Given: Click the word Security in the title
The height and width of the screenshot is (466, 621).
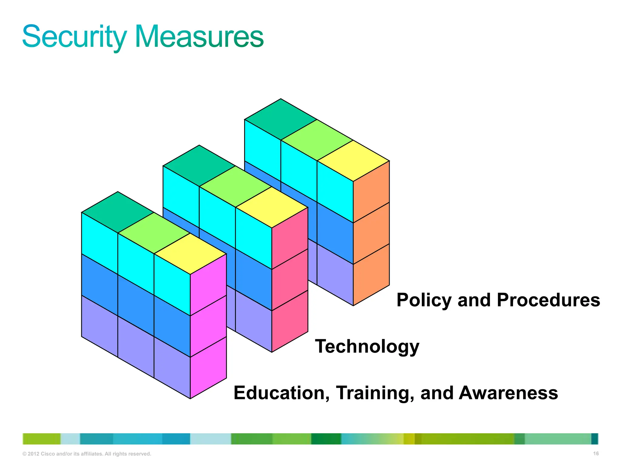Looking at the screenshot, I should click(74, 37).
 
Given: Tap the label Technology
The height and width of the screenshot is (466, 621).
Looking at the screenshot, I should click(367, 346).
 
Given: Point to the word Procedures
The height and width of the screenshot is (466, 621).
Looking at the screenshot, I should click(549, 300).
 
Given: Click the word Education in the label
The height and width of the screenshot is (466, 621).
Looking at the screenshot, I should click(282, 393).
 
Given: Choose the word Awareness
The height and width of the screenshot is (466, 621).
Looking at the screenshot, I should click(508, 393).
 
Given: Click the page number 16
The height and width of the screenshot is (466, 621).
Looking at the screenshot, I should click(596, 454).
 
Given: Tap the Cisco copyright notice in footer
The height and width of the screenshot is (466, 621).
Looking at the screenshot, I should click(87, 454).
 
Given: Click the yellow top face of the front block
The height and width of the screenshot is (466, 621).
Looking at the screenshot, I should click(190, 254).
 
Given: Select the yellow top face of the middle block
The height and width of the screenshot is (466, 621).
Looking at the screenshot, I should click(272, 207).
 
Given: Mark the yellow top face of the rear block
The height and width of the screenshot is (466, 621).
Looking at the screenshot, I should click(353, 161).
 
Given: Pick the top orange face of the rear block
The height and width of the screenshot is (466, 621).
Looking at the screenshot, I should click(371, 192).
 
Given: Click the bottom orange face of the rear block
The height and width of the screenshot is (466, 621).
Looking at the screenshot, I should click(371, 275).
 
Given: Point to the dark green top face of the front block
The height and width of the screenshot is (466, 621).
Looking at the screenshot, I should click(118, 212).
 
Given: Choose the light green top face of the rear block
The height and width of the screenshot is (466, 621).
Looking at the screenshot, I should click(317, 140).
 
